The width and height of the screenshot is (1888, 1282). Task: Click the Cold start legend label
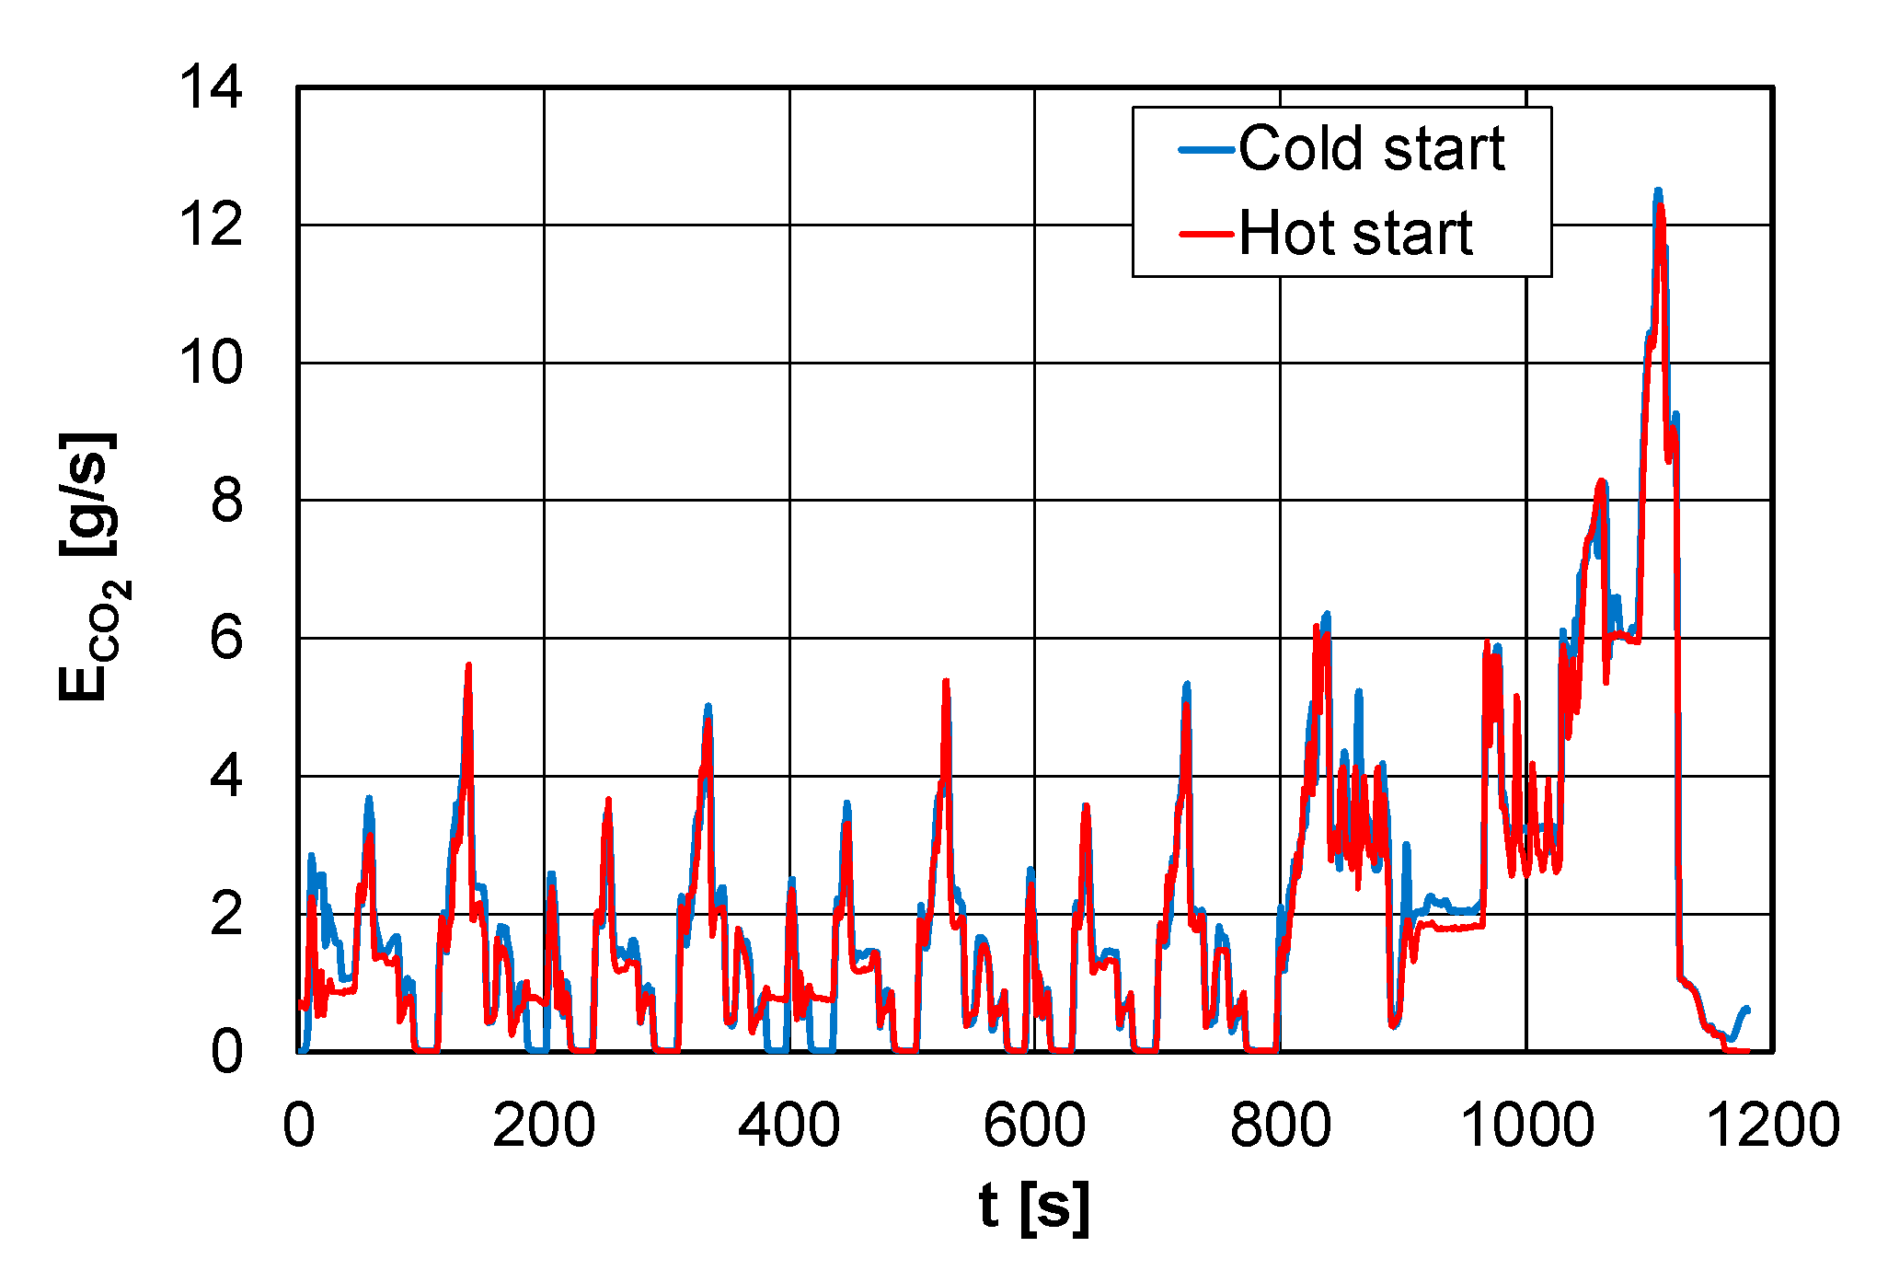click(1371, 148)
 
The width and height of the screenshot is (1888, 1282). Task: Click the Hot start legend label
click(1355, 233)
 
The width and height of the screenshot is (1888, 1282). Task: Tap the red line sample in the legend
click(1206, 234)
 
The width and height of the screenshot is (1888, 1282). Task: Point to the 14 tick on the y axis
click(211, 88)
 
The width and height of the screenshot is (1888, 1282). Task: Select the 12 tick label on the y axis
click(211, 225)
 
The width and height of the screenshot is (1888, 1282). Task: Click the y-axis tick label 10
click(211, 363)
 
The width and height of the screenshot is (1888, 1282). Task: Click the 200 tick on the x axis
click(544, 1125)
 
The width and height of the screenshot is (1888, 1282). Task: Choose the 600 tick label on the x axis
click(1034, 1125)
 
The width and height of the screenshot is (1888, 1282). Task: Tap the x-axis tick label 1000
click(1526, 1125)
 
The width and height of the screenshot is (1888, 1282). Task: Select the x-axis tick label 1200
click(1772, 1125)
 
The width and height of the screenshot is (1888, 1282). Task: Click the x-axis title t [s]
click(1034, 1207)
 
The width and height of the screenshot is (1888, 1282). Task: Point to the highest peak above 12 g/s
click(1658, 191)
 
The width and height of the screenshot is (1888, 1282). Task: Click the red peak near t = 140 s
click(468, 665)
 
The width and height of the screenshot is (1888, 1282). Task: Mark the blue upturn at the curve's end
click(1744, 1011)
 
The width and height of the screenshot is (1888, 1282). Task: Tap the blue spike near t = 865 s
click(1358, 692)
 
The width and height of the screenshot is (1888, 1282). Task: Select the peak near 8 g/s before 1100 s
click(1601, 481)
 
